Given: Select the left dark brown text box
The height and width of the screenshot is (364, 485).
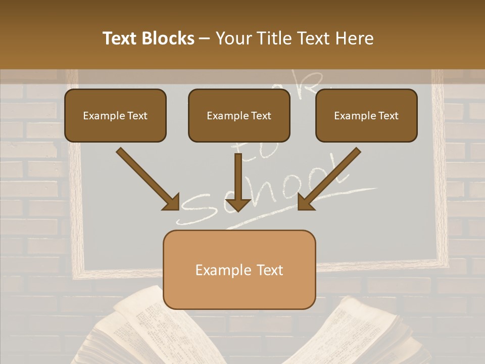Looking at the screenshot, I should pyautogui.click(x=115, y=115).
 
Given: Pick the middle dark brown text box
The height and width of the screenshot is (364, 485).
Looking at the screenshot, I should pyautogui.click(x=239, y=115).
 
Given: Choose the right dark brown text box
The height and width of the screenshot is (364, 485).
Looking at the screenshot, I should pyautogui.click(x=366, y=115).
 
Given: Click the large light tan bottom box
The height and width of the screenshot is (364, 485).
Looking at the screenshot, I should pyautogui.click(x=239, y=269).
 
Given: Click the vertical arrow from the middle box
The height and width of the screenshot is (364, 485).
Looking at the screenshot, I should pyautogui.click(x=237, y=177).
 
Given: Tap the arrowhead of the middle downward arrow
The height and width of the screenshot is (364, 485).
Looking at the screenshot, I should pyautogui.click(x=237, y=204).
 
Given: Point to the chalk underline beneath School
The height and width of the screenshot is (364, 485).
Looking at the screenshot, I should pyautogui.click(x=303, y=205).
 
